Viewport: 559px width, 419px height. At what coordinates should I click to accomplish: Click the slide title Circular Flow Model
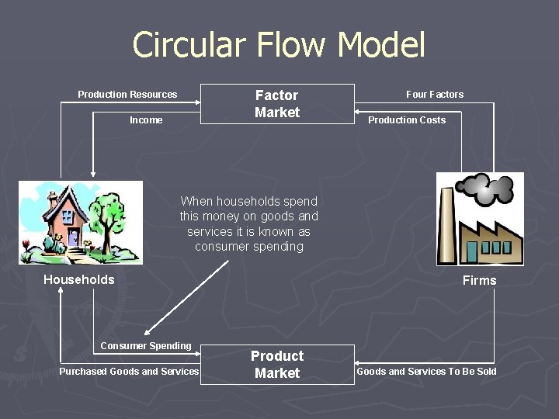click(x=279, y=45)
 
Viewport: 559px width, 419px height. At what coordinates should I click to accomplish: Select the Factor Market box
click(x=277, y=104)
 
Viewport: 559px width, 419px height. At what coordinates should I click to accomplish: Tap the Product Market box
click(x=277, y=364)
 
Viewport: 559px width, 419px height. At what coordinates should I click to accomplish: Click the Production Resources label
click(x=127, y=95)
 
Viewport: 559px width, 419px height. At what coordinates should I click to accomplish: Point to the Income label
click(x=146, y=120)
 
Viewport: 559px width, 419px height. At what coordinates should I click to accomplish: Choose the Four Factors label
click(x=435, y=95)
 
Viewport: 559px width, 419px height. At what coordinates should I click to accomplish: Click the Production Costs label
click(x=407, y=120)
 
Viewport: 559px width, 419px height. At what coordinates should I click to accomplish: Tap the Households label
click(x=78, y=280)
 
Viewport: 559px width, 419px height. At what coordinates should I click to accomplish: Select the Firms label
click(x=479, y=281)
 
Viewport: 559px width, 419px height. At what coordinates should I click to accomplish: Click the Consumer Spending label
click(x=146, y=346)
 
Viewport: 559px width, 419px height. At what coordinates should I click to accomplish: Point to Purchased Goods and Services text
click(x=129, y=372)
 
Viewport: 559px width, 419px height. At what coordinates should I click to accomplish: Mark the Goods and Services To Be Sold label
click(x=426, y=372)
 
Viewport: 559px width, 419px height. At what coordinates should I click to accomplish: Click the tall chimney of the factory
click(x=450, y=225)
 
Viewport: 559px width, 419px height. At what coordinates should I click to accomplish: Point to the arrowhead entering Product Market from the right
click(x=359, y=363)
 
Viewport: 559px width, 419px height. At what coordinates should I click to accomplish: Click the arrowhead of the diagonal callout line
click(x=148, y=332)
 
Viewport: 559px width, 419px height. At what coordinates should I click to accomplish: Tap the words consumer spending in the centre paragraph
click(x=249, y=247)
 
